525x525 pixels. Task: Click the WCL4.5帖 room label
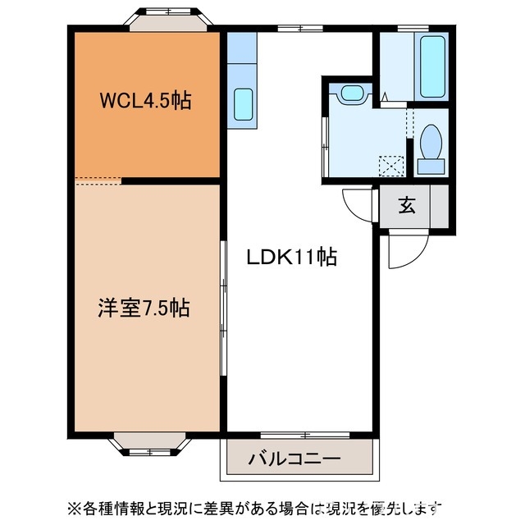[x=145, y=102]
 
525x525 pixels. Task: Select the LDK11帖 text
[x=292, y=257]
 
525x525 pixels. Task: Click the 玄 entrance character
[x=407, y=205]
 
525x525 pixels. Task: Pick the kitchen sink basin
[x=243, y=104]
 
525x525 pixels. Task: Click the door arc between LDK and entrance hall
[x=358, y=202]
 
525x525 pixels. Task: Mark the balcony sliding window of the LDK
[x=304, y=434]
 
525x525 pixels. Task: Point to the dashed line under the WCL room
[x=98, y=180]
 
